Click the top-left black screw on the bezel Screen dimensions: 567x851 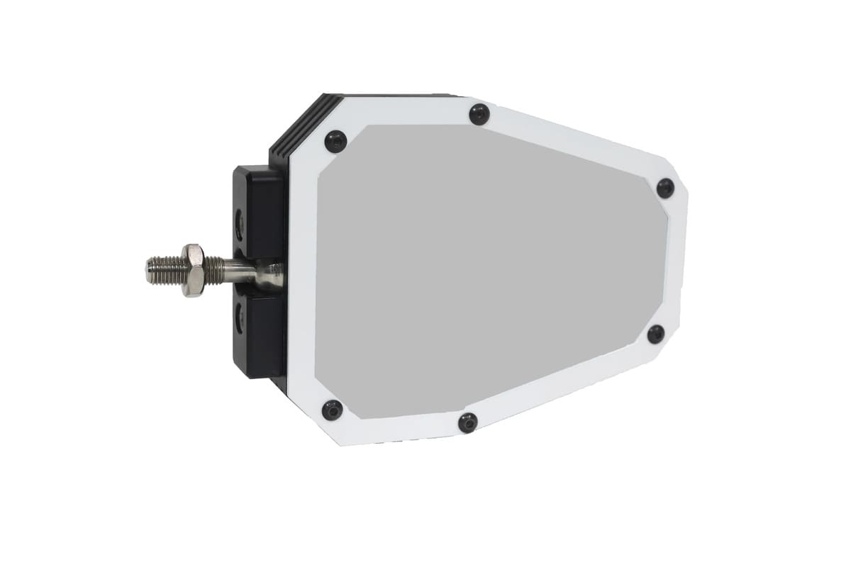tap(335, 141)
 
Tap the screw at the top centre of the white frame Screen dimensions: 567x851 tap(479, 114)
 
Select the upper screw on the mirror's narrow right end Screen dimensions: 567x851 tap(665, 188)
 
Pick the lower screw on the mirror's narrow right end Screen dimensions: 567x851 tap(656, 334)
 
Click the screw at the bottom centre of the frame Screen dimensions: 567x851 tap(468, 423)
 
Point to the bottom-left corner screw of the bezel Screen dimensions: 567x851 tap(332, 410)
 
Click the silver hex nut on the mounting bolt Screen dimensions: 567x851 tap(192, 270)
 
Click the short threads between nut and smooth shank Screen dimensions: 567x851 tap(215, 270)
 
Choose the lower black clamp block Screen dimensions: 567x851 tap(260, 333)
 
